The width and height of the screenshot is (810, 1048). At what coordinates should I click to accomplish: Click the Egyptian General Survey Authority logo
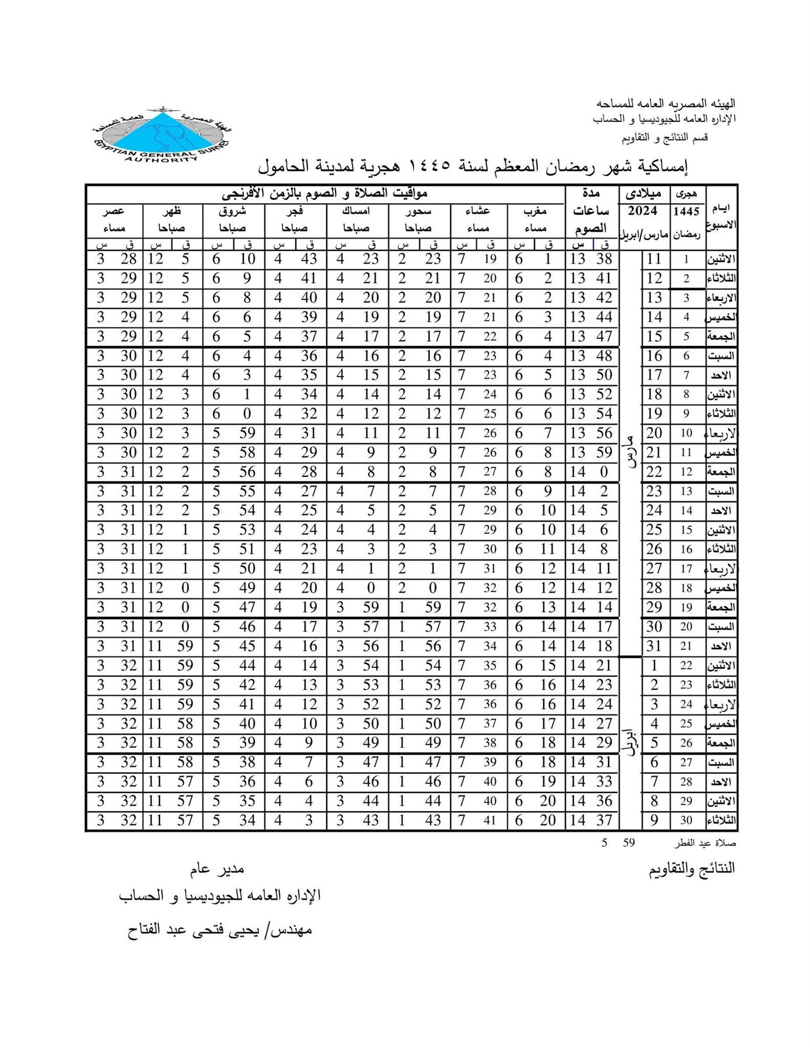(162, 134)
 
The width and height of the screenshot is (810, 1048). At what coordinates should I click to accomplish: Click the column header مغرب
(536, 211)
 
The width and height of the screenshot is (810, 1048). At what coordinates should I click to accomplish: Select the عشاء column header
(479, 211)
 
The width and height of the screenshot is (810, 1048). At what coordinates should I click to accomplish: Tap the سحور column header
(419, 211)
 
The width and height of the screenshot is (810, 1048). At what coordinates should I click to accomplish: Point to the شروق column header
(233, 211)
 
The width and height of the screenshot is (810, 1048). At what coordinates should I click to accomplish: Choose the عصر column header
(114, 211)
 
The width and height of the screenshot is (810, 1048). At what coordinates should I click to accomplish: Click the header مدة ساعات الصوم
(591, 211)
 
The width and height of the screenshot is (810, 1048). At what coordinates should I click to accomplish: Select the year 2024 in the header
(643, 211)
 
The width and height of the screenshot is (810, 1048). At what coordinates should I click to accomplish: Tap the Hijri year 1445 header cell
(687, 211)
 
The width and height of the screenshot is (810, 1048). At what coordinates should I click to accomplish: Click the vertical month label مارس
(630, 451)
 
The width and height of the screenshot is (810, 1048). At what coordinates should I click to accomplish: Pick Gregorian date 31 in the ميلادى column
(655, 646)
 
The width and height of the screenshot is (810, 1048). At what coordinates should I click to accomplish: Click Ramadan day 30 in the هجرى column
(687, 820)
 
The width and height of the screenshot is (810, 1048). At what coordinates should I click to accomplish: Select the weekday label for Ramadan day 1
(721, 260)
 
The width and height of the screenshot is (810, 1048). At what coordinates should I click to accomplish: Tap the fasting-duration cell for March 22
(591, 472)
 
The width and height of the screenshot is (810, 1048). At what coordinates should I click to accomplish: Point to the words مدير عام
(217, 869)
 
